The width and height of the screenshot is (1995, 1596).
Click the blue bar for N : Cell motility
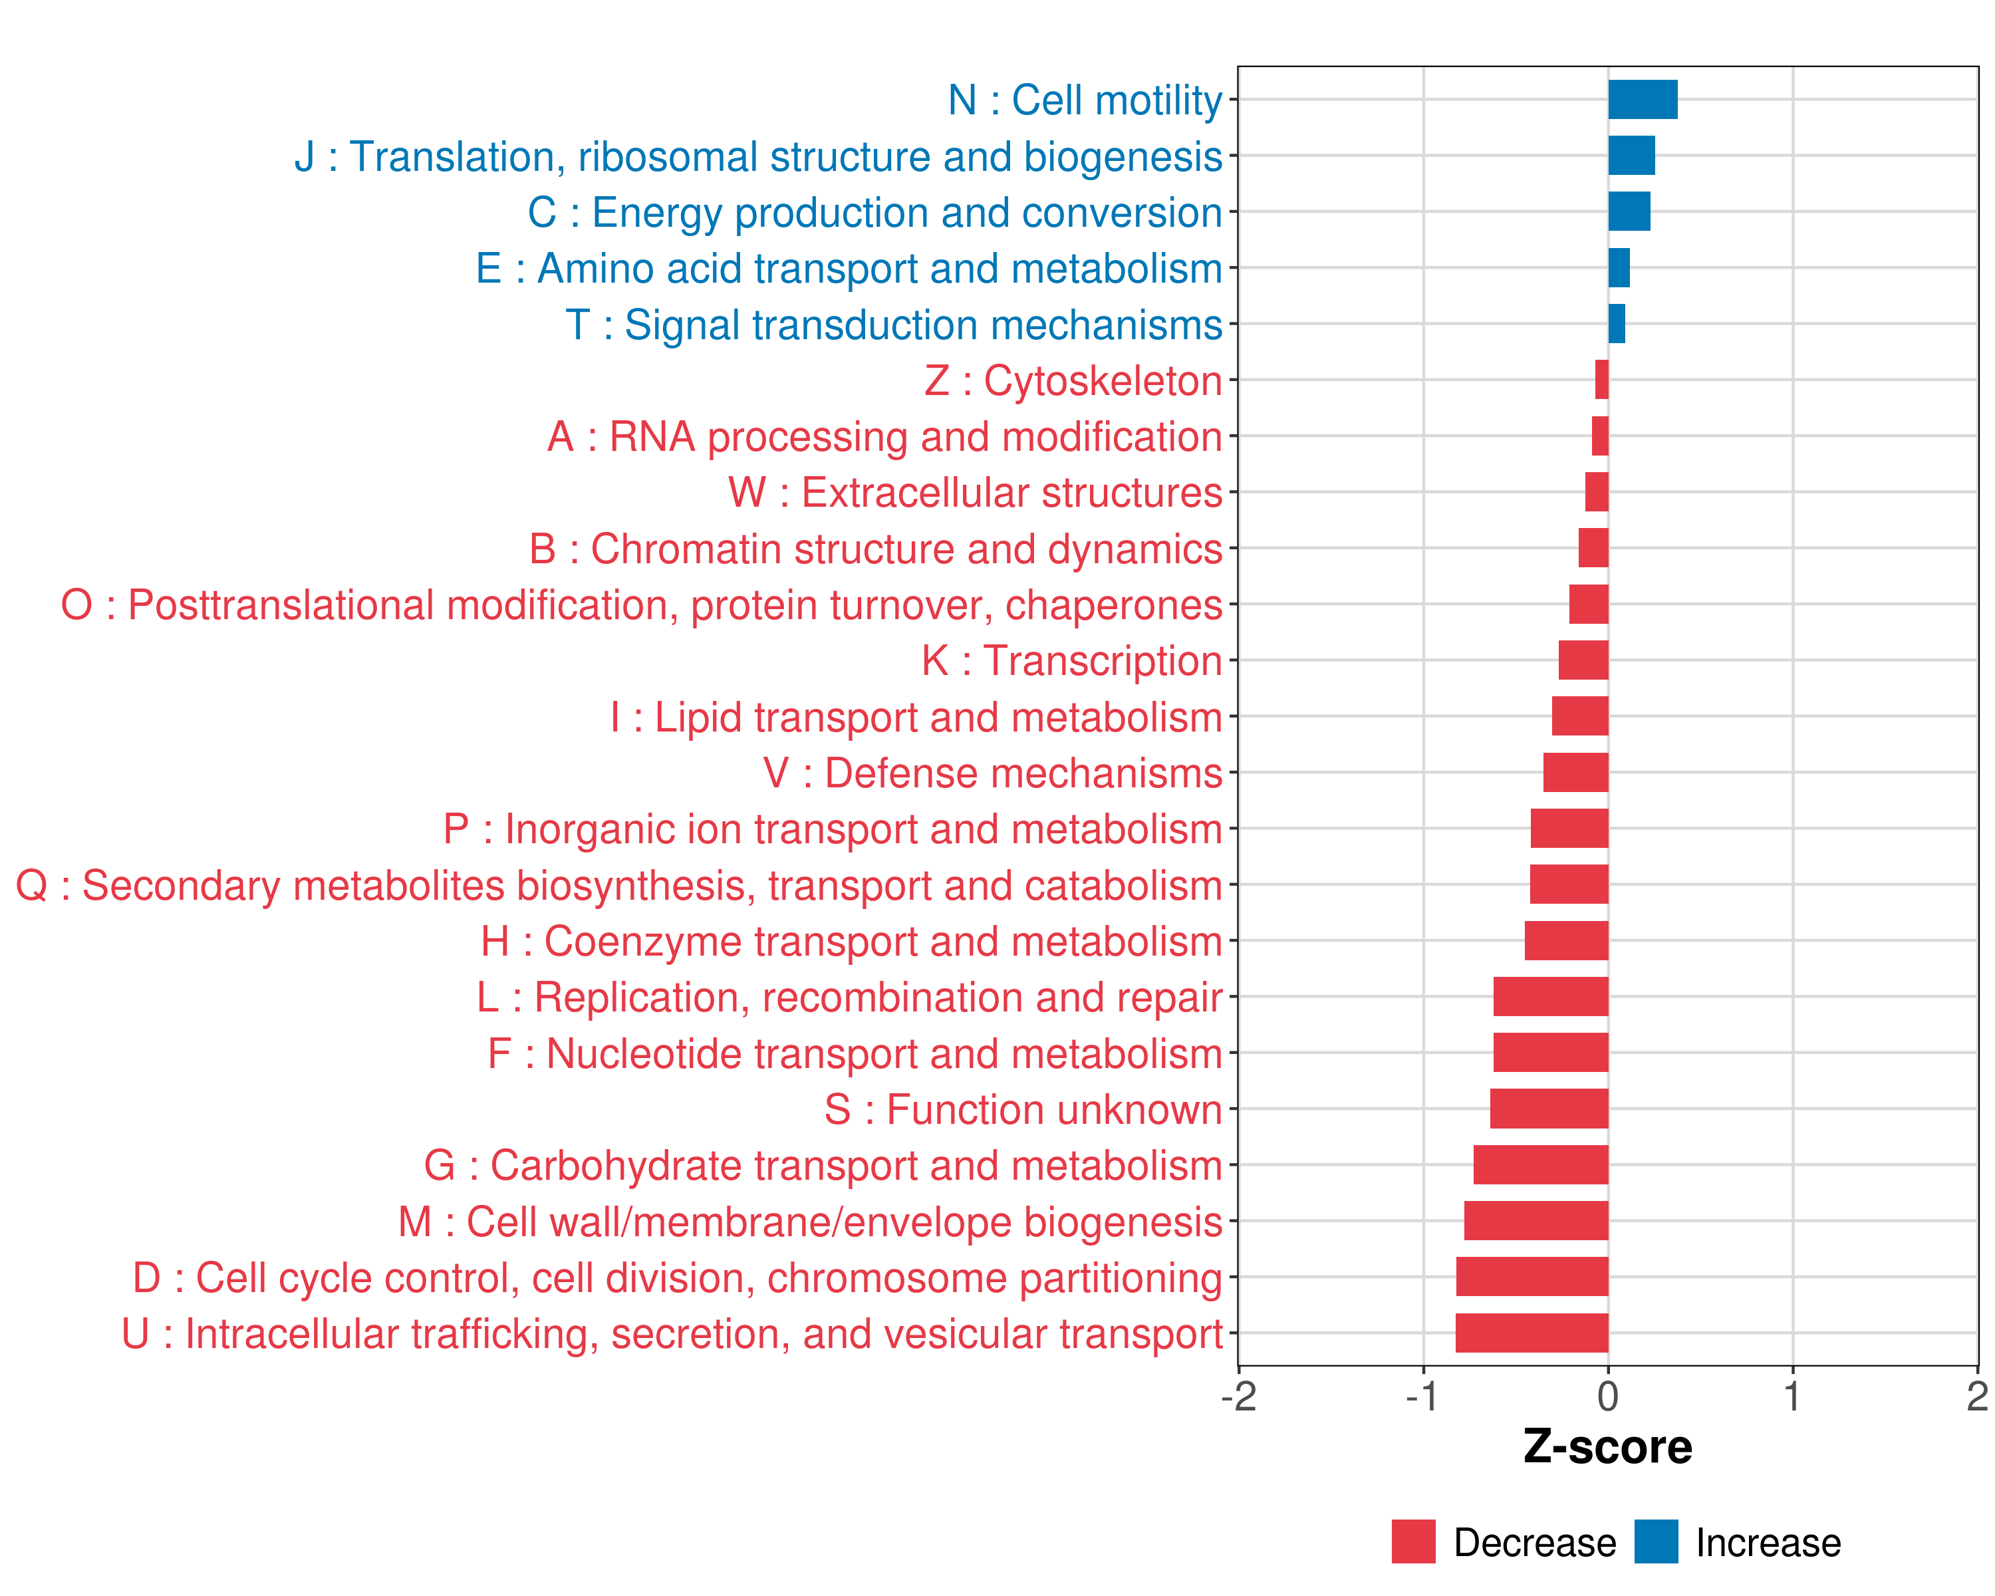pyautogui.click(x=1643, y=100)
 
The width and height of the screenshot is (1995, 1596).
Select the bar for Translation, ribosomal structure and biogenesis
pyautogui.click(x=1631, y=156)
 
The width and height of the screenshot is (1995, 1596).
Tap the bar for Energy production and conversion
pyautogui.click(x=1629, y=212)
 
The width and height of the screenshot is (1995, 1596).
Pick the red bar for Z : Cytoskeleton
pyautogui.click(x=1602, y=379)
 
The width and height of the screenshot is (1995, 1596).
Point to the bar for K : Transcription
pyautogui.click(x=1583, y=660)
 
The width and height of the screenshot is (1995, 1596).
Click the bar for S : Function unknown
pyautogui.click(x=1549, y=1109)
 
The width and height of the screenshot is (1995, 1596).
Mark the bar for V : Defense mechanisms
pyautogui.click(x=1576, y=773)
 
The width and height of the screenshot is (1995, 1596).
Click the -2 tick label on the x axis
pyautogui.click(x=1238, y=1396)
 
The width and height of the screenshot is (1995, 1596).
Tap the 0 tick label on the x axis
pyautogui.click(x=1608, y=1396)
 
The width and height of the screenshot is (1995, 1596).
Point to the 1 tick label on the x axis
pyautogui.click(x=1792, y=1396)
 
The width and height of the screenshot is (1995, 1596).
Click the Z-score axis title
pyautogui.click(x=1607, y=1447)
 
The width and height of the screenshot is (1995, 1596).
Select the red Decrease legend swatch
pyautogui.click(x=1413, y=1541)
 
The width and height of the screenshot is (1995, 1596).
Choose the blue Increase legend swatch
pyautogui.click(x=1655, y=1541)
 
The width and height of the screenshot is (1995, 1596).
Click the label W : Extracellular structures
pyautogui.click(x=976, y=492)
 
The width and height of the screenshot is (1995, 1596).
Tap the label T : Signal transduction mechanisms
pyautogui.click(x=894, y=325)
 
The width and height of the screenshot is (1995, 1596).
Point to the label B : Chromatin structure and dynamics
pyautogui.click(x=875, y=549)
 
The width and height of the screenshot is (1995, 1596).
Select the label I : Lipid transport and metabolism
pyautogui.click(x=916, y=717)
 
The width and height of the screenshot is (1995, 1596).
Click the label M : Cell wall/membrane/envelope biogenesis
pyautogui.click(x=810, y=1222)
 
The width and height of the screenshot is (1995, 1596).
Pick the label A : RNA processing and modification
pyautogui.click(x=884, y=437)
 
